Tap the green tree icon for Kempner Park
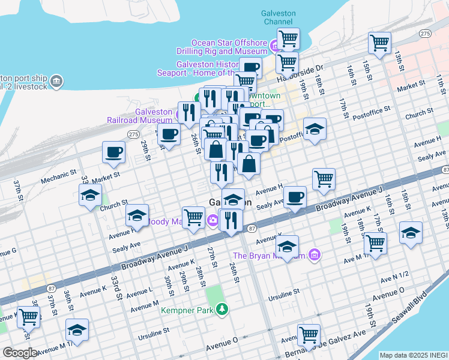223,310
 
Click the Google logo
20,353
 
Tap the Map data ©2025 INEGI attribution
414,355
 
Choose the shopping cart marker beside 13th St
380,43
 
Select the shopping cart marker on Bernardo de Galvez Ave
309,335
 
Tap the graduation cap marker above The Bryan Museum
288,246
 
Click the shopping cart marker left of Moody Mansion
193,217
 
